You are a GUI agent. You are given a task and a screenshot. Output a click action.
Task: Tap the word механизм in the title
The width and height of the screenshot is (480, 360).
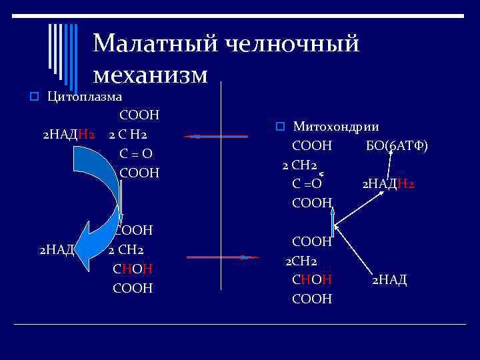151,73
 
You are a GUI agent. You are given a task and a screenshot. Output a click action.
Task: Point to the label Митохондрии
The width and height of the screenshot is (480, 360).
336,127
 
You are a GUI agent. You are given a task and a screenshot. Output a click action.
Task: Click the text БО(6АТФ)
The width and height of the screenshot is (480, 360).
397,146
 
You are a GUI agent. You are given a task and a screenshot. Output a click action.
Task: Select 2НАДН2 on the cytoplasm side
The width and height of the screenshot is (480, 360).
67,135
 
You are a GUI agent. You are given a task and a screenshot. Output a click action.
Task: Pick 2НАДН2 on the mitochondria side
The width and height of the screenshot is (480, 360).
387,183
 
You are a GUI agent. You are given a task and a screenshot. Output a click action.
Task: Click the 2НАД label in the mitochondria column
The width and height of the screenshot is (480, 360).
389,280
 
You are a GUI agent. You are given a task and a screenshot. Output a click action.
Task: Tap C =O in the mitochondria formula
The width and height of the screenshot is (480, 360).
307,183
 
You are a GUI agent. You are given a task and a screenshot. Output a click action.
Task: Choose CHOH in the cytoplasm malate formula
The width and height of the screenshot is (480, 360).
133,269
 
